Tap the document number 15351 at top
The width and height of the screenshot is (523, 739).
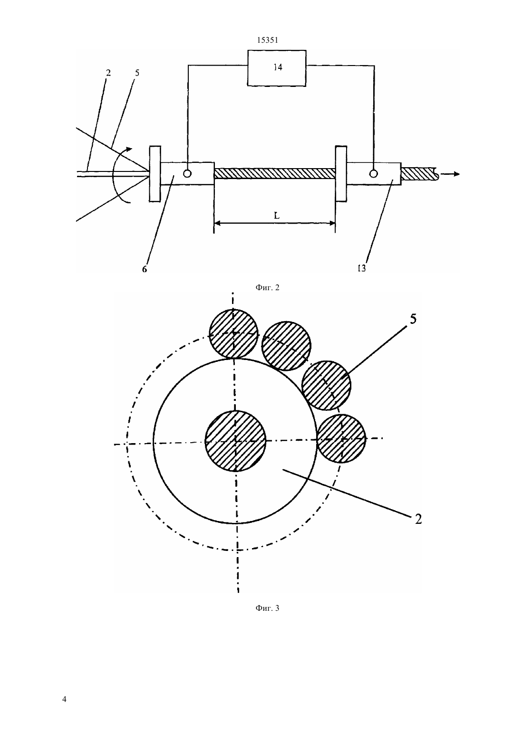(267, 40)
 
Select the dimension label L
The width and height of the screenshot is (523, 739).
(277, 216)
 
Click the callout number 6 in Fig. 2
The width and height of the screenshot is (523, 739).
(145, 269)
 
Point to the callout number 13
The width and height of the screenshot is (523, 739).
(362, 268)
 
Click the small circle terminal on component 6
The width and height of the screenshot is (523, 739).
(187, 173)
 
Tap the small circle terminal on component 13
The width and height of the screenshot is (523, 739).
(373, 173)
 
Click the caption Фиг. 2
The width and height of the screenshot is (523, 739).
(267, 287)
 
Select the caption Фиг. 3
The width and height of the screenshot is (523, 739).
(267, 608)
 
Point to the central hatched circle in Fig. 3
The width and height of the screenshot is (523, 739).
(235, 441)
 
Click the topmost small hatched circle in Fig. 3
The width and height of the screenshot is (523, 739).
(233, 333)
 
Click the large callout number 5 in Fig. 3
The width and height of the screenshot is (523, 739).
(413, 319)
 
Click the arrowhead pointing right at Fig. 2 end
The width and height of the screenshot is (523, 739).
(456, 174)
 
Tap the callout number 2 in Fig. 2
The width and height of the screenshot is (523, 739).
(108, 73)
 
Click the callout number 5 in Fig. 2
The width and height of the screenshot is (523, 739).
(137, 73)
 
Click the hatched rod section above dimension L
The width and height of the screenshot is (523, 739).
(275, 173)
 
